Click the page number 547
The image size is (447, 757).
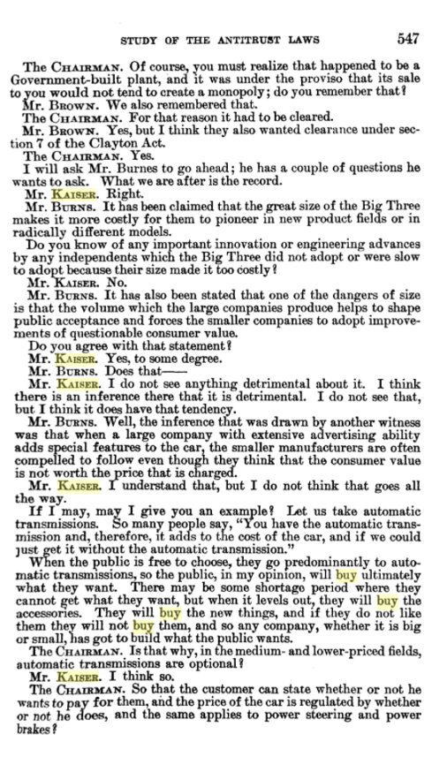click(x=413, y=39)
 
